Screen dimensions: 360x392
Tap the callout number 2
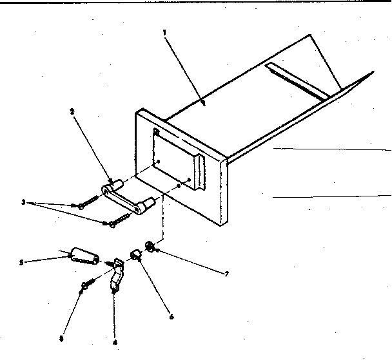[72, 111]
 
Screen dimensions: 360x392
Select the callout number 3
[23, 202]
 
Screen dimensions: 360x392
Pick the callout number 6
[171, 316]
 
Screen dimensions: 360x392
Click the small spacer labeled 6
[137, 254]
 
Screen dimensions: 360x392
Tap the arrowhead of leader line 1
[204, 101]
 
